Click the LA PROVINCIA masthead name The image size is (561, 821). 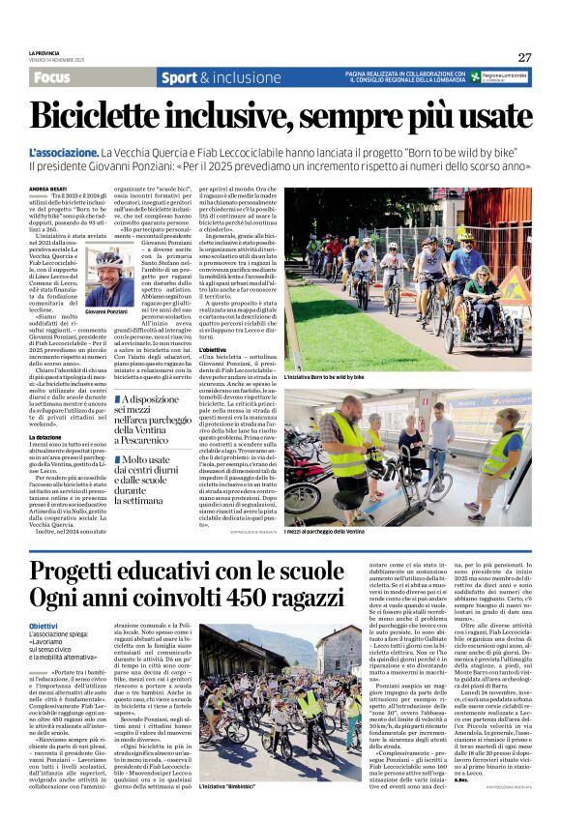(x=44, y=54)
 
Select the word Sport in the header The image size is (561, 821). (x=179, y=77)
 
